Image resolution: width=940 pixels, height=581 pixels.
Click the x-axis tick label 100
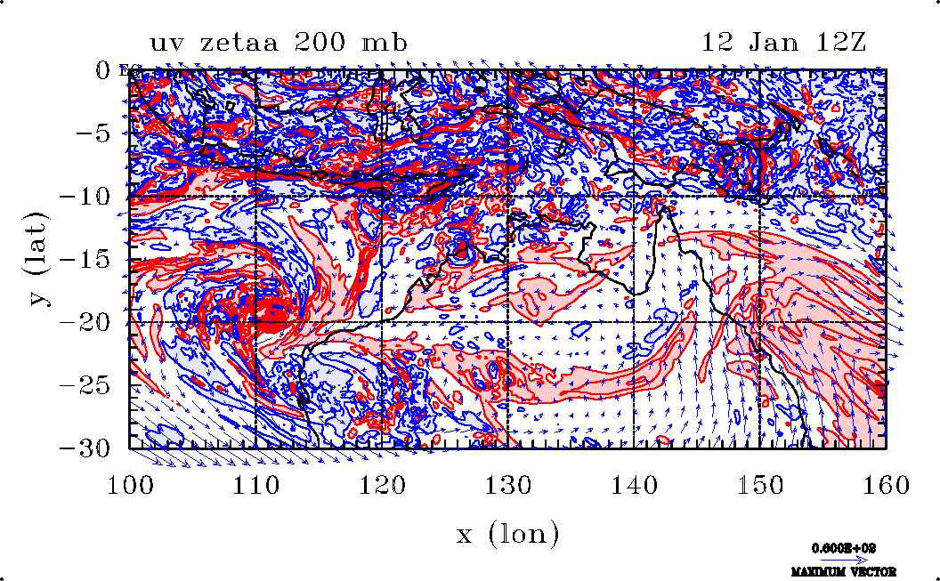click(x=130, y=485)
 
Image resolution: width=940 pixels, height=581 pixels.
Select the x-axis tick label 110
click(x=255, y=485)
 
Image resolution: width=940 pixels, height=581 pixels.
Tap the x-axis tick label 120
click(x=382, y=485)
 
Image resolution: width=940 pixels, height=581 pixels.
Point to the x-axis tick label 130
click(x=507, y=485)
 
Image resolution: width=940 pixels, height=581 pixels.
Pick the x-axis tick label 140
click(x=634, y=485)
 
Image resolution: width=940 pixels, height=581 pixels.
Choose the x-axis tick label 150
click(x=759, y=485)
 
